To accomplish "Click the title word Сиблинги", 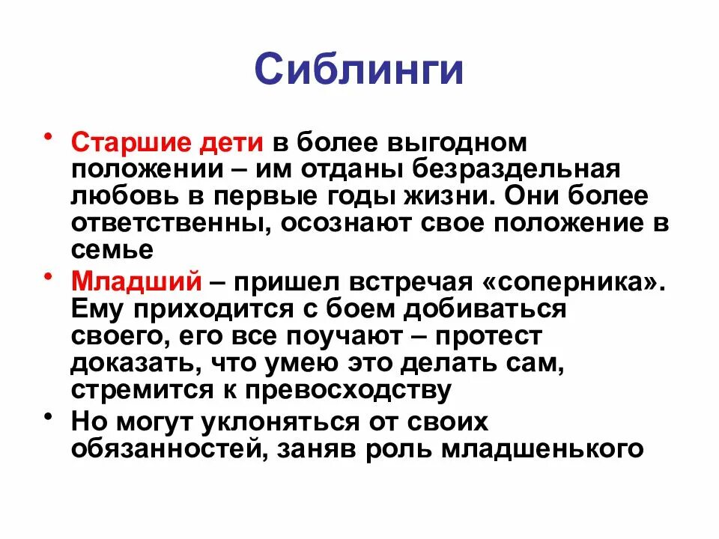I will pyautogui.click(x=359, y=69).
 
